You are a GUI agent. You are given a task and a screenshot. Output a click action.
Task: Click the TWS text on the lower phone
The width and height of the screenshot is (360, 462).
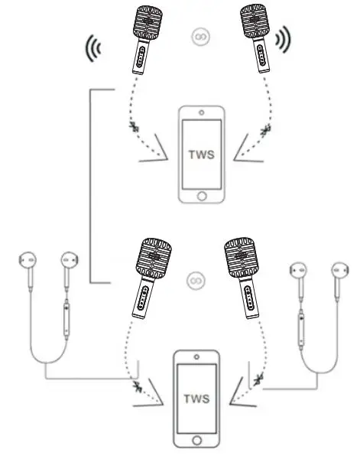[198, 399]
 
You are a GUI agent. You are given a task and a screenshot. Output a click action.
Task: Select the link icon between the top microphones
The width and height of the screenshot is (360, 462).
[196, 36]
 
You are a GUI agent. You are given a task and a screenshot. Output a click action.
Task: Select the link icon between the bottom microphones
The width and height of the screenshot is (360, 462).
[195, 280]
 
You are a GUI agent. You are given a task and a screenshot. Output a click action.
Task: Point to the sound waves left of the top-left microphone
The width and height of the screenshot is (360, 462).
[91, 47]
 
